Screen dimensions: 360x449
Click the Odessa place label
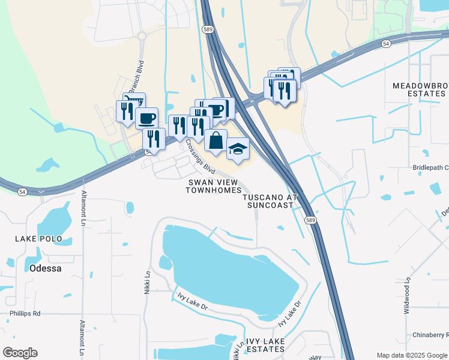pyautogui.click(x=45, y=269)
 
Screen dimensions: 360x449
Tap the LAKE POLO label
pyautogui.click(x=39, y=239)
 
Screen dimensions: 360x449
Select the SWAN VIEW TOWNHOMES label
pyautogui.click(x=212, y=186)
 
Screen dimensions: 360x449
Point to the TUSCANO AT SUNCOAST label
pyautogui.click(x=270, y=200)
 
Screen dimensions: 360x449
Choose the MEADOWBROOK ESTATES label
pyautogui.click(x=420, y=90)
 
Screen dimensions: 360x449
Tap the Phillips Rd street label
pyautogui.click(x=25, y=313)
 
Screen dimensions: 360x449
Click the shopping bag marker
pyautogui.click(x=215, y=141)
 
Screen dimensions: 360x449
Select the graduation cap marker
pyautogui.click(x=238, y=149)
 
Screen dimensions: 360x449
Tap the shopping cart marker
pyautogui.click(x=134, y=102)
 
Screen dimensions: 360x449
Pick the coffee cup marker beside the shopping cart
pyautogui.click(x=146, y=118)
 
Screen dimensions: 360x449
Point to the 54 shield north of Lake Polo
pyautogui.click(x=22, y=191)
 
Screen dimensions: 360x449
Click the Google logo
pyautogui.click(x=20, y=353)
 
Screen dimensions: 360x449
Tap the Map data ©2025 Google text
pyautogui.click(x=412, y=355)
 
